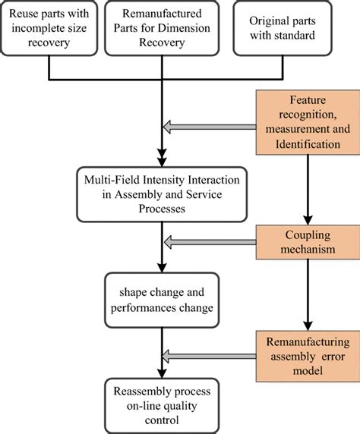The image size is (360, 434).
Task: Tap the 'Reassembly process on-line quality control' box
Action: pos(158,405)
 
